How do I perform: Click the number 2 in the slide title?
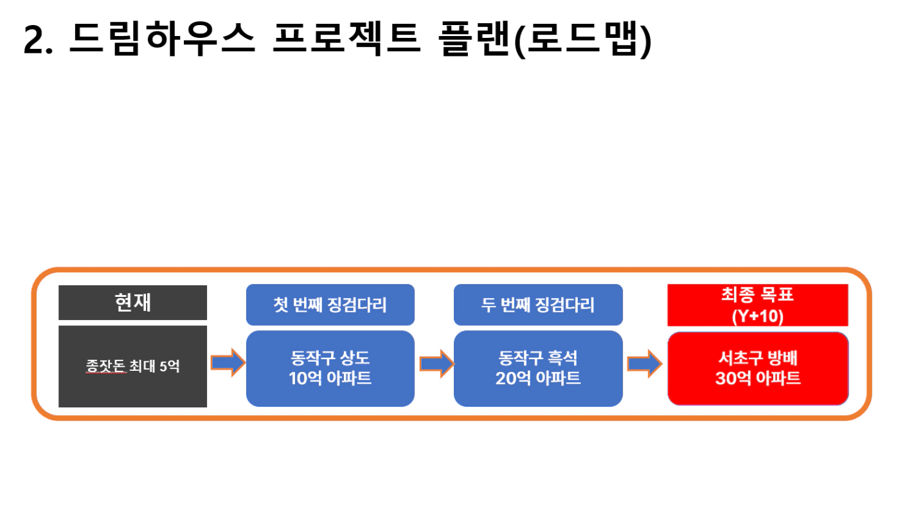pyautogui.click(x=35, y=39)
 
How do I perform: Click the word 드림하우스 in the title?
pyautogui.click(x=163, y=39)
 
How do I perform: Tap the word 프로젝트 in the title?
pyautogui.click(x=346, y=39)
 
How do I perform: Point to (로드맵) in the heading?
pyautogui.click(x=582, y=39)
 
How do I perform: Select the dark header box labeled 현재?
pyautogui.click(x=132, y=302)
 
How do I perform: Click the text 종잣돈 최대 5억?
pyautogui.click(x=132, y=366)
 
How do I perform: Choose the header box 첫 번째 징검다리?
pyautogui.click(x=330, y=305)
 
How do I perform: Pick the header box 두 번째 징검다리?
pyautogui.click(x=538, y=305)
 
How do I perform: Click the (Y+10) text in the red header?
pyautogui.click(x=758, y=316)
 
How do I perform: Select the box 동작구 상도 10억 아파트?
pyautogui.click(x=330, y=368)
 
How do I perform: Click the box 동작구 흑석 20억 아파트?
pyautogui.click(x=538, y=368)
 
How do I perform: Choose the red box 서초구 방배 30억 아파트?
pyautogui.click(x=758, y=368)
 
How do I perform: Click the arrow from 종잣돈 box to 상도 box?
pyautogui.click(x=228, y=362)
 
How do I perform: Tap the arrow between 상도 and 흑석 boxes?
pyautogui.click(x=436, y=363)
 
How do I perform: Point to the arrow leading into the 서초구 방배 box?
pyautogui.click(x=645, y=363)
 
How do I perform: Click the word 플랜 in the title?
pyautogui.click(x=474, y=39)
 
